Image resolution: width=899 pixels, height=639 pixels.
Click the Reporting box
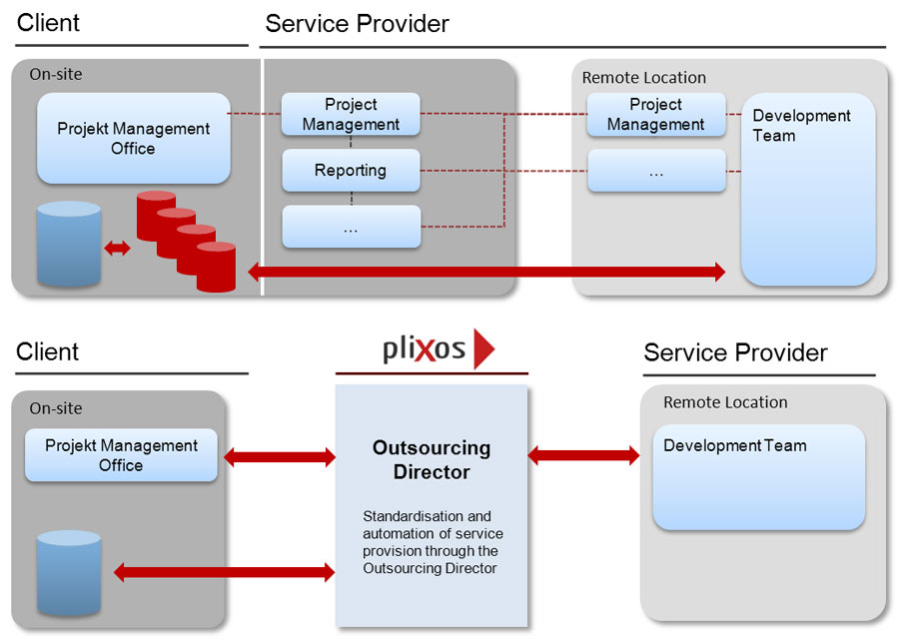(x=351, y=171)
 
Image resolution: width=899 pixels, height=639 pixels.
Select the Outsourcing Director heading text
(x=432, y=459)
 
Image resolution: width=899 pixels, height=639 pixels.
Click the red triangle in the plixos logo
(x=483, y=349)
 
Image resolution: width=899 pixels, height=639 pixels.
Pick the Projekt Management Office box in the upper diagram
(x=133, y=139)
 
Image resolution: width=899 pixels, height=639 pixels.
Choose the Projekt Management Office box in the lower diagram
(x=121, y=455)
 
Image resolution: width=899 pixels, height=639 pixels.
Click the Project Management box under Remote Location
(x=655, y=115)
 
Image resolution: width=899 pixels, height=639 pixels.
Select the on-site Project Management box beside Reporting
(x=351, y=115)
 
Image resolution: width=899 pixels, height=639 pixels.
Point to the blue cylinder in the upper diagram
(x=69, y=245)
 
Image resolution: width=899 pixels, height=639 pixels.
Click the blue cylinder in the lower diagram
(x=69, y=573)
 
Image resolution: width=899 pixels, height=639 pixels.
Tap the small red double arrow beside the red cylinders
(x=118, y=249)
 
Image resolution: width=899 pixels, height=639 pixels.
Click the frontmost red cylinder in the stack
(x=216, y=267)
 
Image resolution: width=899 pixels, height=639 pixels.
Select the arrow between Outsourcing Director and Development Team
(x=583, y=456)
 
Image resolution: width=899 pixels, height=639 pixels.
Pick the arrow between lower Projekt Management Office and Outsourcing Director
(x=280, y=457)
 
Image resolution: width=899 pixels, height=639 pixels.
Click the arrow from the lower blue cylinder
(x=224, y=573)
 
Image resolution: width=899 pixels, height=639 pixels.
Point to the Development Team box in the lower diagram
(x=758, y=477)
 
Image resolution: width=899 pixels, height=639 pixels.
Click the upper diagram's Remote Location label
(x=643, y=78)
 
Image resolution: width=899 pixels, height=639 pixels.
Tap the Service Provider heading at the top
(x=357, y=23)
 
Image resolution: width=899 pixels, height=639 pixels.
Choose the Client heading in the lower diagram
(x=48, y=352)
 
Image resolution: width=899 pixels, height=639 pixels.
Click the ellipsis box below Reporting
(x=351, y=228)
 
